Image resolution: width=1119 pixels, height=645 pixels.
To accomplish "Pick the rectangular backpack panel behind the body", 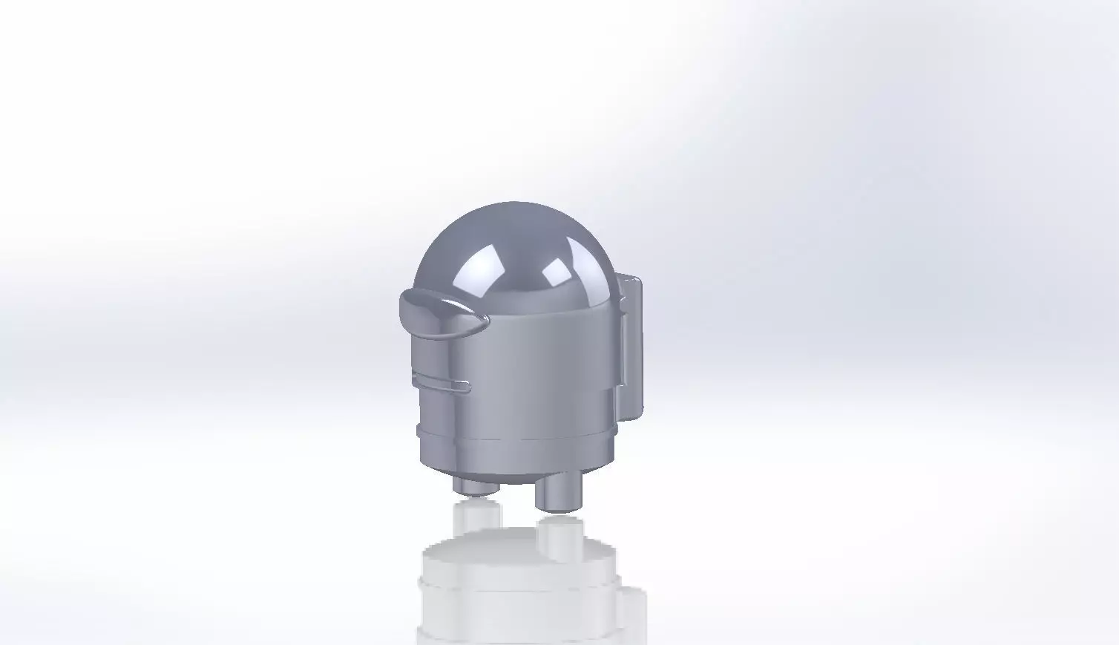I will pyautogui.click(x=631, y=341).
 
